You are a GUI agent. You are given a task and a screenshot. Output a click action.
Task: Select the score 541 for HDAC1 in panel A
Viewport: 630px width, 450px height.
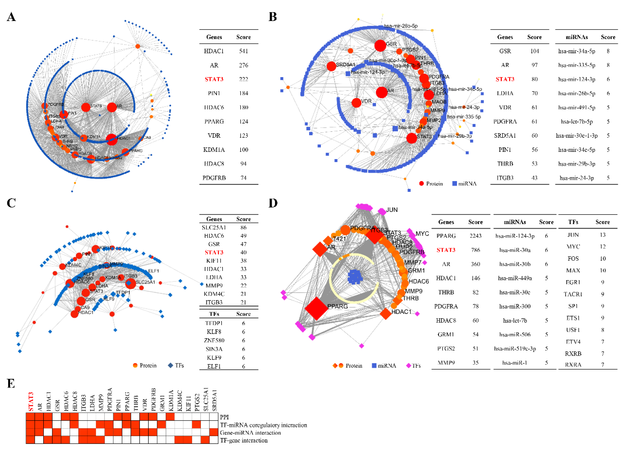click(243, 51)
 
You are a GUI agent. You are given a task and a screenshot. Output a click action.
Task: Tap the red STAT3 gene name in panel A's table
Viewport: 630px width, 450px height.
click(214, 79)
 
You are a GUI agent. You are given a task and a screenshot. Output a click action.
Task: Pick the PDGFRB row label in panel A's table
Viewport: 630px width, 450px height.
click(214, 178)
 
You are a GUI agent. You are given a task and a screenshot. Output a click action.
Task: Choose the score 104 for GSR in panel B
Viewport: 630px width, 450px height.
click(534, 51)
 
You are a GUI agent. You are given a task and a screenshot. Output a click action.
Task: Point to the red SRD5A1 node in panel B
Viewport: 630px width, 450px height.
click(331, 66)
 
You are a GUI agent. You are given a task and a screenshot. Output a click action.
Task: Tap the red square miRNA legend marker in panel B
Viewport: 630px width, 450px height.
click(454, 183)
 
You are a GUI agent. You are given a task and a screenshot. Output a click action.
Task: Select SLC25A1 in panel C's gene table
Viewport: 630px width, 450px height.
click(214, 227)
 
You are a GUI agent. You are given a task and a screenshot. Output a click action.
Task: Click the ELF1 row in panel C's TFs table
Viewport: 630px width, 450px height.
click(214, 366)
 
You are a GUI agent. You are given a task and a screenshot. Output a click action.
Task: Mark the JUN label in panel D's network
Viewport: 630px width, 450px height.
click(392, 210)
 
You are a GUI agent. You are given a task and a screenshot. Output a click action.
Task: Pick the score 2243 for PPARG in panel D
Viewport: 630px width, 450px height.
click(475, 236)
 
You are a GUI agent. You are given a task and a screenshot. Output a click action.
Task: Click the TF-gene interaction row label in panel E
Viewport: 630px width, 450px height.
click(244, 440)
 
